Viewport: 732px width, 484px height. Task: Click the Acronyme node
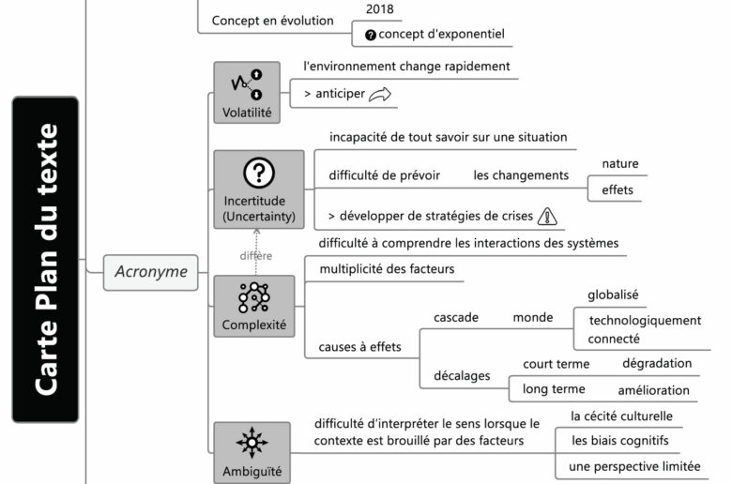coord(151,273)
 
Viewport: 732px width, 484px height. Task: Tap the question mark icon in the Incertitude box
coord(258,173)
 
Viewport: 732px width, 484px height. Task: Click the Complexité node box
coord(253,307)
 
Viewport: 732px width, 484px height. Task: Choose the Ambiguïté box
coord(252,453)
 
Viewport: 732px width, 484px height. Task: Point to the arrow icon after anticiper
coord(379,94)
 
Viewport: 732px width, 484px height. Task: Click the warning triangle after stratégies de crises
coord(549,217)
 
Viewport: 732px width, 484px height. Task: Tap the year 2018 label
coord(379,9)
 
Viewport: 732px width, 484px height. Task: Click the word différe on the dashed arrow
coord(255,256)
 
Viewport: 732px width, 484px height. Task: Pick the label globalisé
coord(613,295)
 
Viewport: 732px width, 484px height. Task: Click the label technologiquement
coord(645,320)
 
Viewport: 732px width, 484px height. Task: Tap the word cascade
coord(456,317)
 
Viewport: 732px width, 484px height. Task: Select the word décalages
coord(462,375)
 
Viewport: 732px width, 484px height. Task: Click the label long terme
coord(554,389)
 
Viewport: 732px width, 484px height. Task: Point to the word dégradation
coord(657,363)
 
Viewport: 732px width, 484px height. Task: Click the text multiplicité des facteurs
coord(387,269)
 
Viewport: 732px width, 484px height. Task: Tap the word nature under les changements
coord(620,164)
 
